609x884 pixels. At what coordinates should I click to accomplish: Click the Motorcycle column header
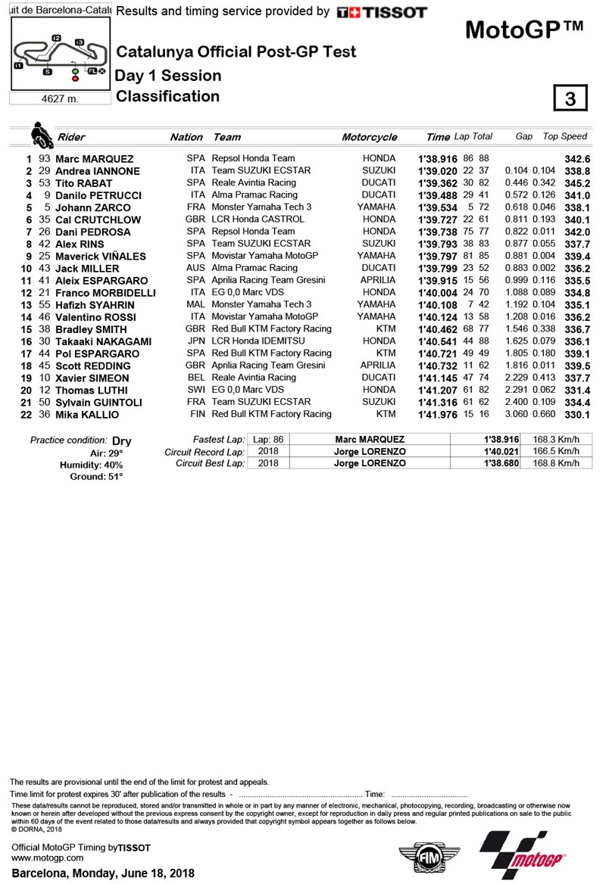click(x=369, y=137)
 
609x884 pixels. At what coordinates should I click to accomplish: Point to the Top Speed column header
click(x=564, y=136)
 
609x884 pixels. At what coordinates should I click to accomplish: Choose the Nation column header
click(x=186, y=137)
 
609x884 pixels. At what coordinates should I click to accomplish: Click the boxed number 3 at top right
click(x=570, y=99)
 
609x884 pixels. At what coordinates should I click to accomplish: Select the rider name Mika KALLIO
click(x=88, y=415)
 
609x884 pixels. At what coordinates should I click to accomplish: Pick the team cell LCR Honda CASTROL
click(x=258, y=219)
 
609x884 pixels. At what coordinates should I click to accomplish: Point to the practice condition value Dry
click(x=121, y=440)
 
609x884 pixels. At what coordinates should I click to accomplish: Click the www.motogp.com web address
click(x=48, y=858)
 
